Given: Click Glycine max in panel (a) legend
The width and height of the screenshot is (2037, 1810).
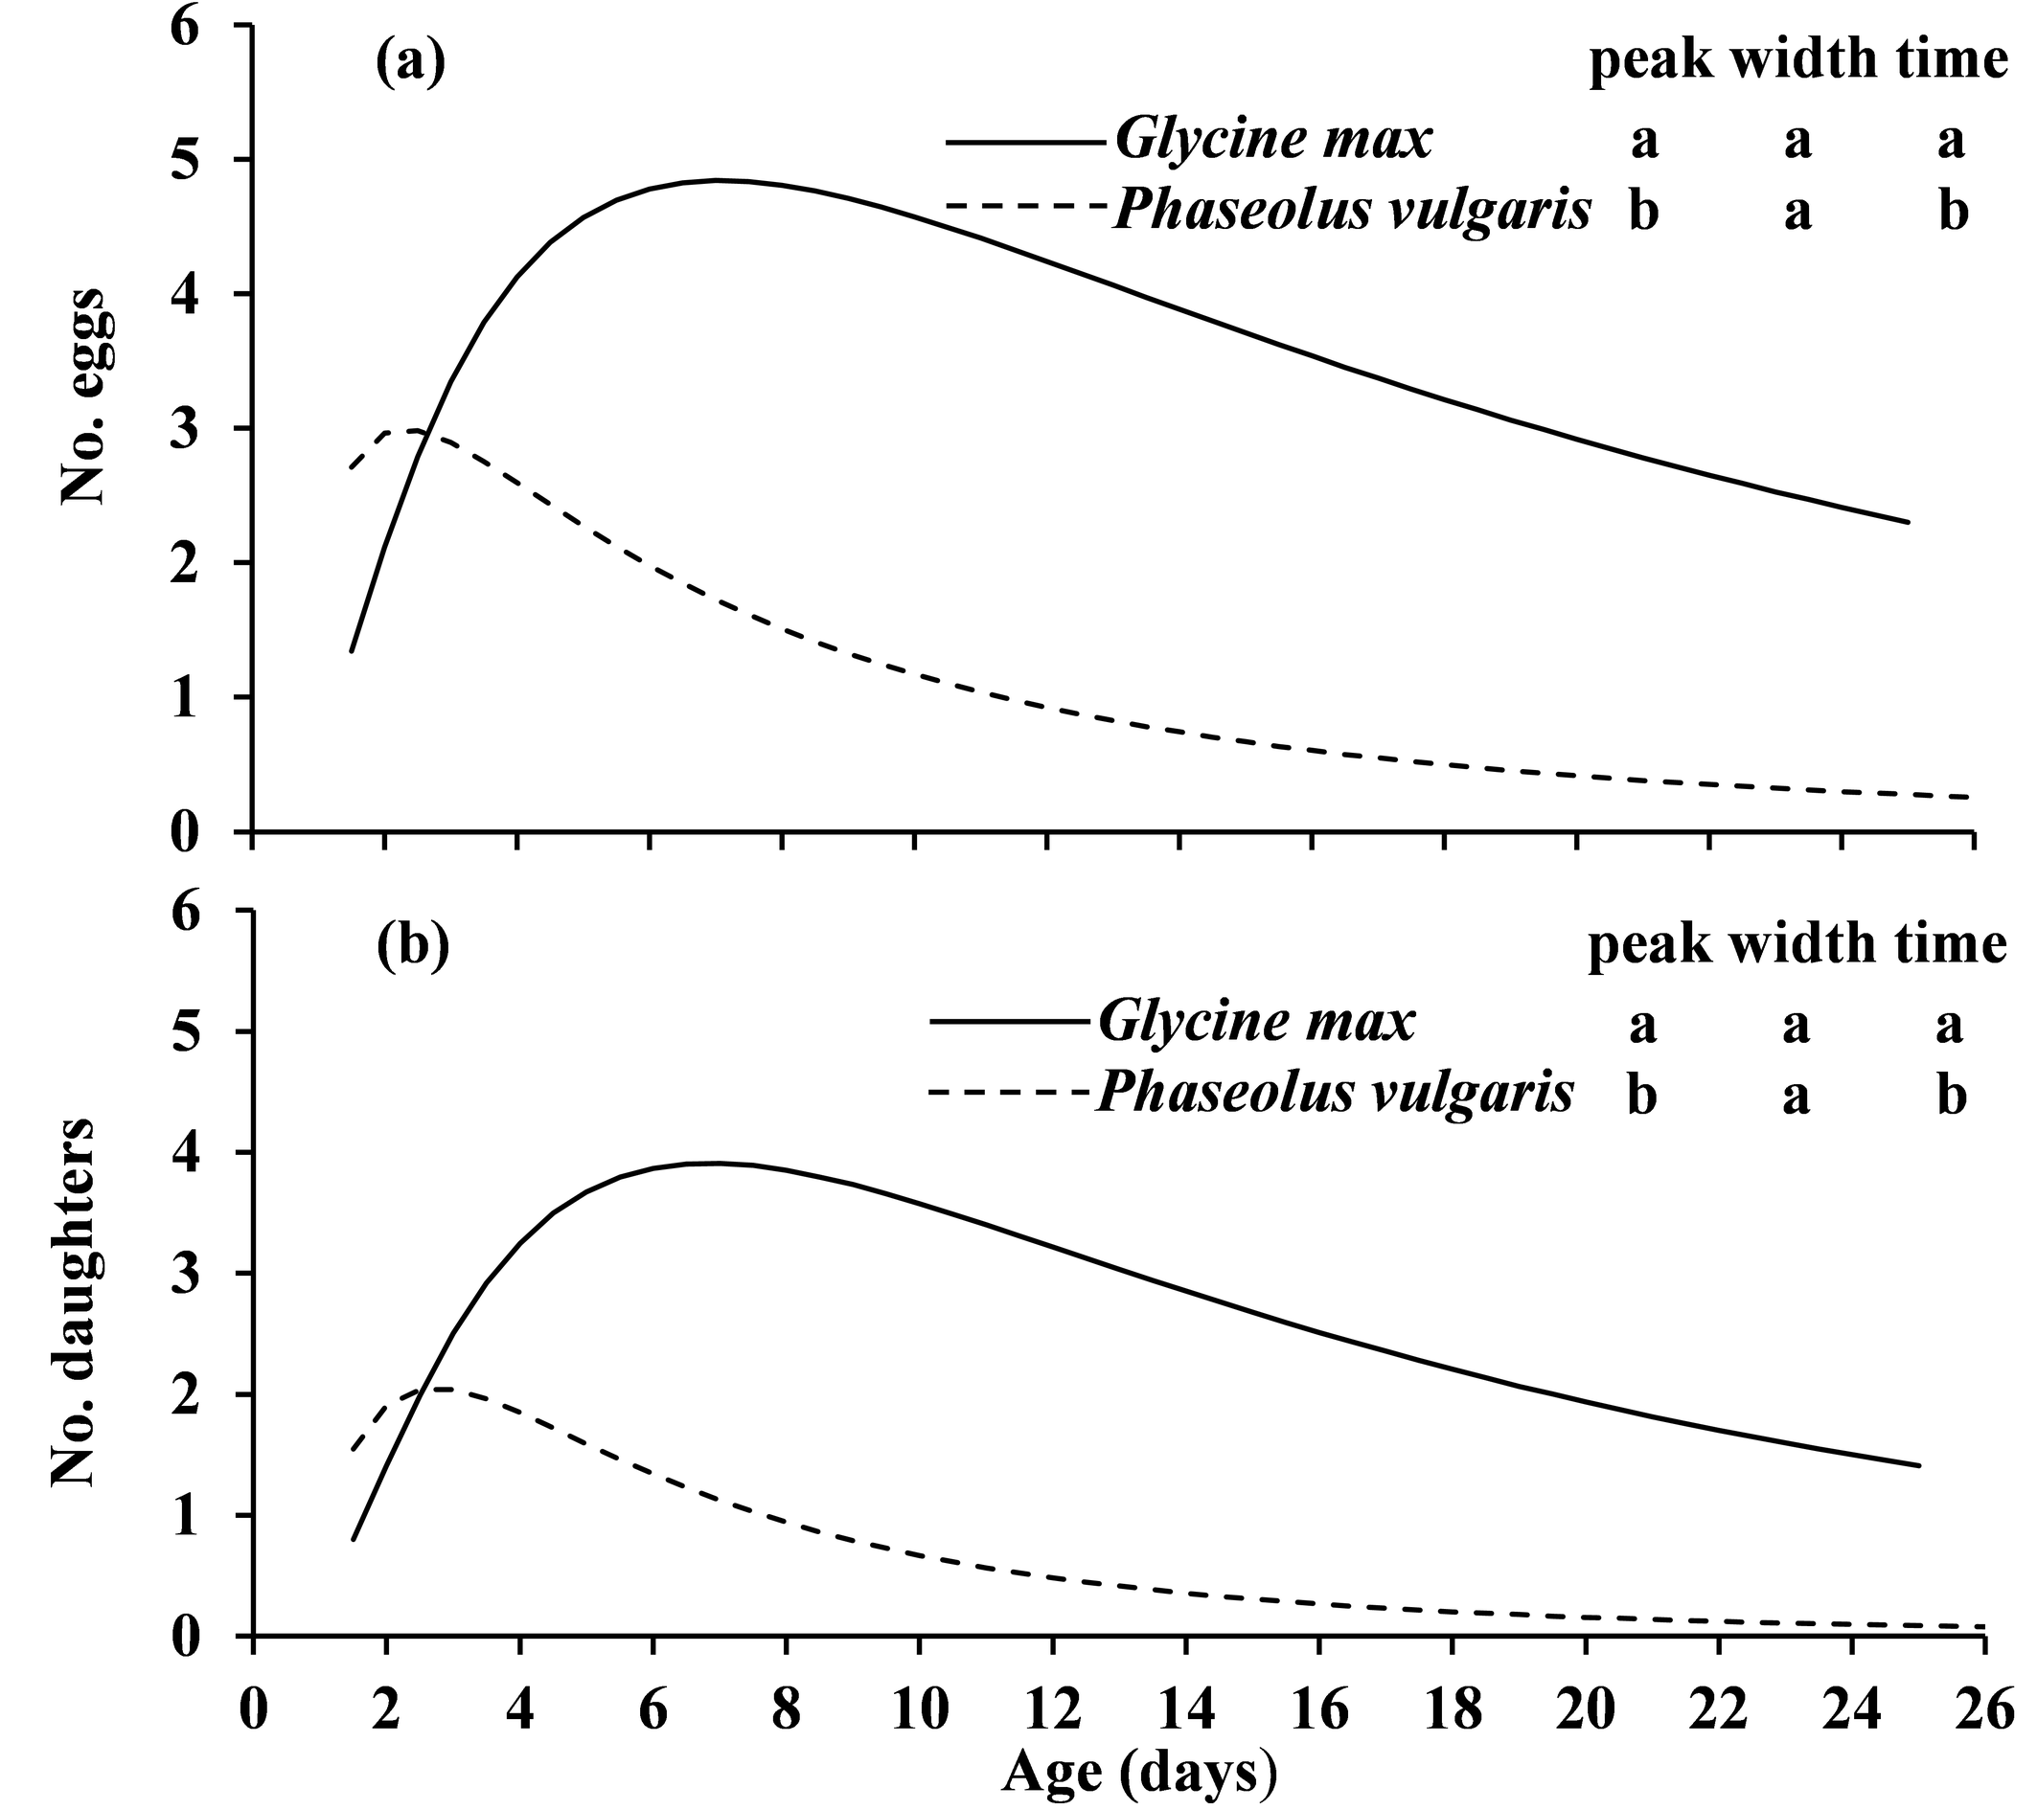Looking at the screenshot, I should coord(1272,141).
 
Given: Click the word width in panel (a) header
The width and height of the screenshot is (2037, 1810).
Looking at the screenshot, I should coord(1797,61).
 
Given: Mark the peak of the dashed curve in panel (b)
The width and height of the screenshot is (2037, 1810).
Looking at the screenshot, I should coord(439,1389).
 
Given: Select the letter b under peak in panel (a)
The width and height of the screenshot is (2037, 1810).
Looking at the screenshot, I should coord(1643,214).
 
